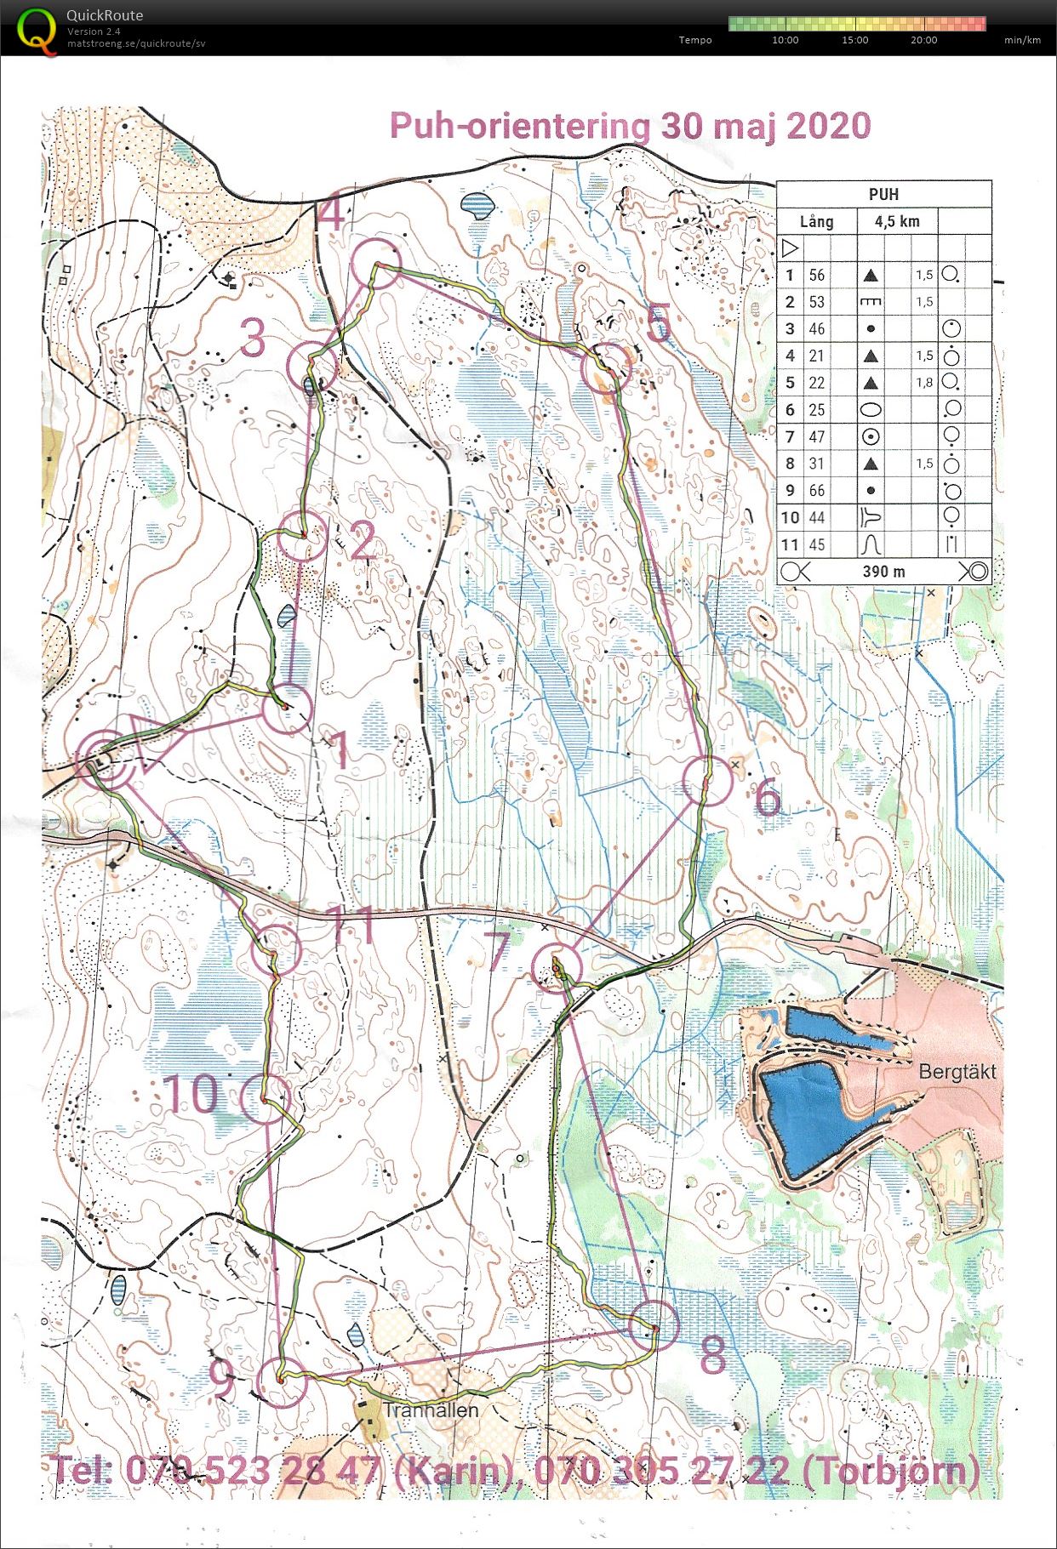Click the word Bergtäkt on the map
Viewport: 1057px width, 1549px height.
click(x=957, y=1072)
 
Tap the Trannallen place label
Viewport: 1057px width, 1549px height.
click(x=431, y=1409)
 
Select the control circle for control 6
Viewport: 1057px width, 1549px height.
click(x=707, y=781)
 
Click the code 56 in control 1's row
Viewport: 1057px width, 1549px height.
click(x=816, y=275)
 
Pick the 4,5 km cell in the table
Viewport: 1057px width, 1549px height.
click(x=897, y=221)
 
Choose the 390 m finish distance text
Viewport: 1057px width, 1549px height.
click(x=883, y=572)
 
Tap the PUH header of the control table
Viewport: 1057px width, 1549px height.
click(x=883, y=194)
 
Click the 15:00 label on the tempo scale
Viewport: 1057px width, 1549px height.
click(x=854, y=40)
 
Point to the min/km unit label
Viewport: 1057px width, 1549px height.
click(x=1022, y=40)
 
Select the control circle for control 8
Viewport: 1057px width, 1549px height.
click(x=653, y=1324)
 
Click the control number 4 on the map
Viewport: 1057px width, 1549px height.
click(x=331, y=214)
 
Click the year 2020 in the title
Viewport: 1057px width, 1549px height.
click(x=828, y=126)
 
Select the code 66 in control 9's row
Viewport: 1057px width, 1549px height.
click(x=816, y=491)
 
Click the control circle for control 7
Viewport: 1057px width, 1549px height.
click(x=556, y=967)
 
